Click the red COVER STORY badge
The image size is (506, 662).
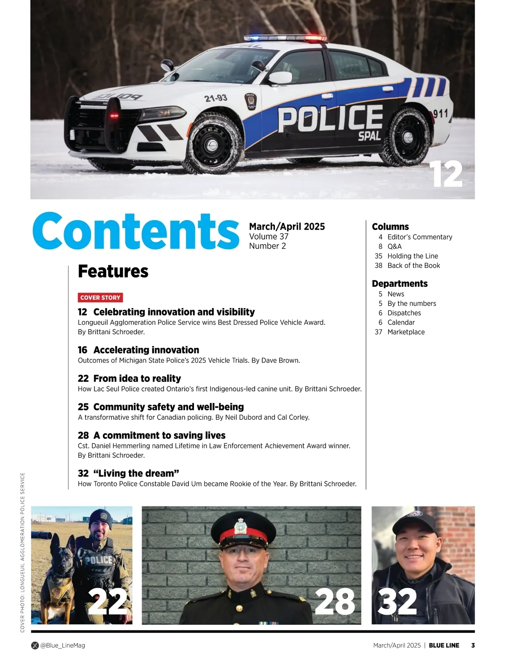(100, 297)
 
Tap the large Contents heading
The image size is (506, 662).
(136, 231)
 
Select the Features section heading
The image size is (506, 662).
(113, 271)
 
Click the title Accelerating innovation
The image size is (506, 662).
(146, 350)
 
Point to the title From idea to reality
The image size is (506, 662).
(137, 378)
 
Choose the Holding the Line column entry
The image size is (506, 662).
(412, 256)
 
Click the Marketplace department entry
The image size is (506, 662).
(406, 332)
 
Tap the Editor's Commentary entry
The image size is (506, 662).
(420, 237)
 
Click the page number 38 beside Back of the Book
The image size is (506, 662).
(378, 265)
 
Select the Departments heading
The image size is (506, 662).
(400, 284)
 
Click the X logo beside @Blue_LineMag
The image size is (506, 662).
(35, 645)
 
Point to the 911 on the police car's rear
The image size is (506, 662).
(441, 113)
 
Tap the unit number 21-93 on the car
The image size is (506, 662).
(216, 98)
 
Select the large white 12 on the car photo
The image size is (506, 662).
(446, 175)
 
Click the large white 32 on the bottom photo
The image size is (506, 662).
(397, 602)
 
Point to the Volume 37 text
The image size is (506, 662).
(269, 236)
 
